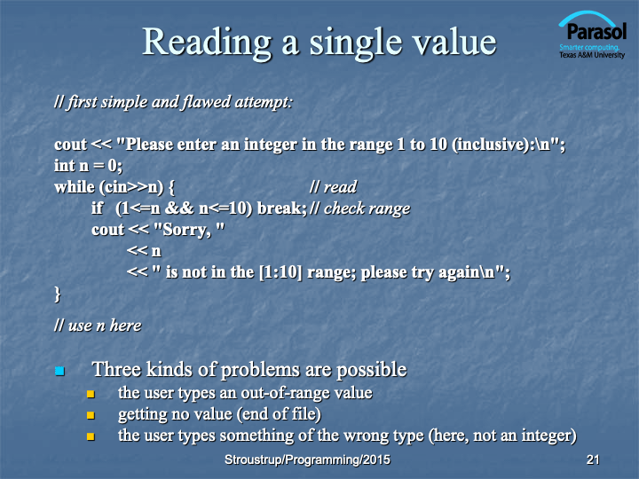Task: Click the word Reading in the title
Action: click(x=207, y=43)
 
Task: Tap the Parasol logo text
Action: click(x=596, y=31)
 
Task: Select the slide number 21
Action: click(x=593, y=459)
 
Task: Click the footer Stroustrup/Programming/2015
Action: click(x=307, y=459)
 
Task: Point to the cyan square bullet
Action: click(x=60, y=371)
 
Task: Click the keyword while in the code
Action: click(x=75, y=187)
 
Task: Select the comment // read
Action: click(x=333, y=187)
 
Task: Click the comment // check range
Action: click(x=359, y=208)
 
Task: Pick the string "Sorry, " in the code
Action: click(x=190, y=230)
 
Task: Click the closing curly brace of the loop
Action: click(x=58, y=294)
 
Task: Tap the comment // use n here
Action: click(x=98, y=326)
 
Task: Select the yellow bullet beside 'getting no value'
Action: click(x=91, y=415)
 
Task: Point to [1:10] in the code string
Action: click(x=280, y=272)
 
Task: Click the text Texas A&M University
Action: click(x=592, y=55)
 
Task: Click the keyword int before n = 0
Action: click(x=65, y=165)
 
